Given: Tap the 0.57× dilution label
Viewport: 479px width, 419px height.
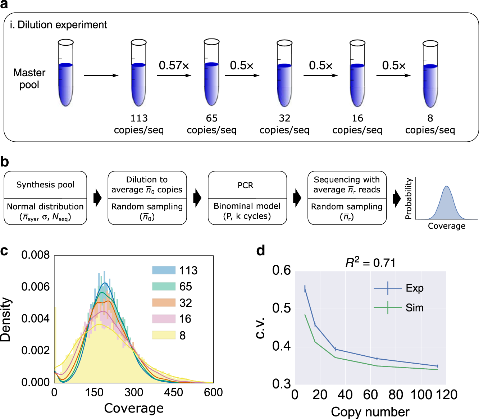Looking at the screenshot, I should pyautogui.click(x=174, y=65).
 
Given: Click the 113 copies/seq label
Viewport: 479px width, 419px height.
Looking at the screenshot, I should pyautogui.click(x=139, y=124).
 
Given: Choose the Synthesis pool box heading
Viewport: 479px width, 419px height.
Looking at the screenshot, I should pyautogui.click(x=45, y=185).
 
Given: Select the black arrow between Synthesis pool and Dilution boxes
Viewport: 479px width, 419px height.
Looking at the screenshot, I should pyautogui.click(x=97, y=198).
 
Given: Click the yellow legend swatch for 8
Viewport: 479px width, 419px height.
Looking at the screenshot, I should pyautogui.click(x=164, y=335).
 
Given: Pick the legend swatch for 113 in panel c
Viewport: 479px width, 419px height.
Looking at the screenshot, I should pyautogui.click(x=164, y=270).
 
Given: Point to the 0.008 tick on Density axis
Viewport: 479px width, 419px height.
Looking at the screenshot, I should pyautogui.click(x=35, y=255).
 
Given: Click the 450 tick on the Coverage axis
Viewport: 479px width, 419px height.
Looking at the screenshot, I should pyautogui.click(x=173, y=392).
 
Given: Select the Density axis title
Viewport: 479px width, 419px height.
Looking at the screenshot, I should pyautogui.click(x=6, y=319).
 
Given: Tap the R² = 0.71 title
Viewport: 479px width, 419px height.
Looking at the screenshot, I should pyautogui.click(x=370, y=263).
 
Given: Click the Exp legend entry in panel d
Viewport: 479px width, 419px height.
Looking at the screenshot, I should pyautogui.click(x=414, y=288).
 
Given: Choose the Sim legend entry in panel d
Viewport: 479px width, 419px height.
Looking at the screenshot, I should pyautogui.click(x=414, y=308).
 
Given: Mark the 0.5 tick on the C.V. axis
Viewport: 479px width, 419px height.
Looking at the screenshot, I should pyautogui.click(x=281, y=308).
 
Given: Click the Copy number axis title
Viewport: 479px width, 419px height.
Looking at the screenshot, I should pyautogui.click(x=370, y=412).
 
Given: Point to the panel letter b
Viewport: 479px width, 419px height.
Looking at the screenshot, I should pyautogui.click(x=5, y=162).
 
